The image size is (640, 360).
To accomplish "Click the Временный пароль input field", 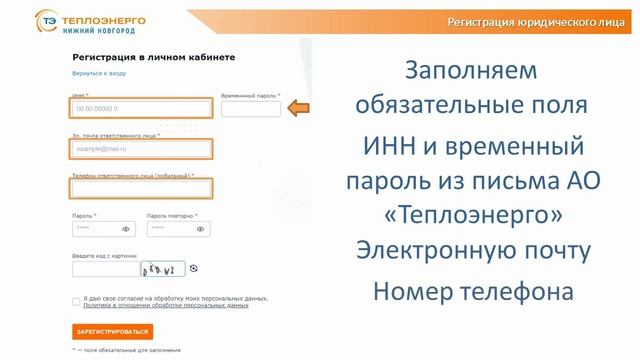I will point(250,109).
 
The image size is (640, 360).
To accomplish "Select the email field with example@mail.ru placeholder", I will point(140,149).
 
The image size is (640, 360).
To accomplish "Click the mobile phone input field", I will point(140,188).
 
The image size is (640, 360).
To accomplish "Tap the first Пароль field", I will point(95,229).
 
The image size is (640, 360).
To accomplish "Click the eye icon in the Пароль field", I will point(126,229).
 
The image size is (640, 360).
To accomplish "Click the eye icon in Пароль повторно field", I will point(200,229).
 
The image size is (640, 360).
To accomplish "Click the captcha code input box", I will point(105,268).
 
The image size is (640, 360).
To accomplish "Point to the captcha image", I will point(162,268).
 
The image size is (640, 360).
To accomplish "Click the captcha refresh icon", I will point(194,268).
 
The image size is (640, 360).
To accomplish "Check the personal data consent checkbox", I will point(76,301).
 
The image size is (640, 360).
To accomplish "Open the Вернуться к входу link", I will point(99,74).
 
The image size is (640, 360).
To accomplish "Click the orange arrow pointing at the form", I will point(298,107).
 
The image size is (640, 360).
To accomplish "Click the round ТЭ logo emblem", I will point(46,21).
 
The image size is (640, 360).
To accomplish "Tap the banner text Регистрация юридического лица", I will point(536,21).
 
